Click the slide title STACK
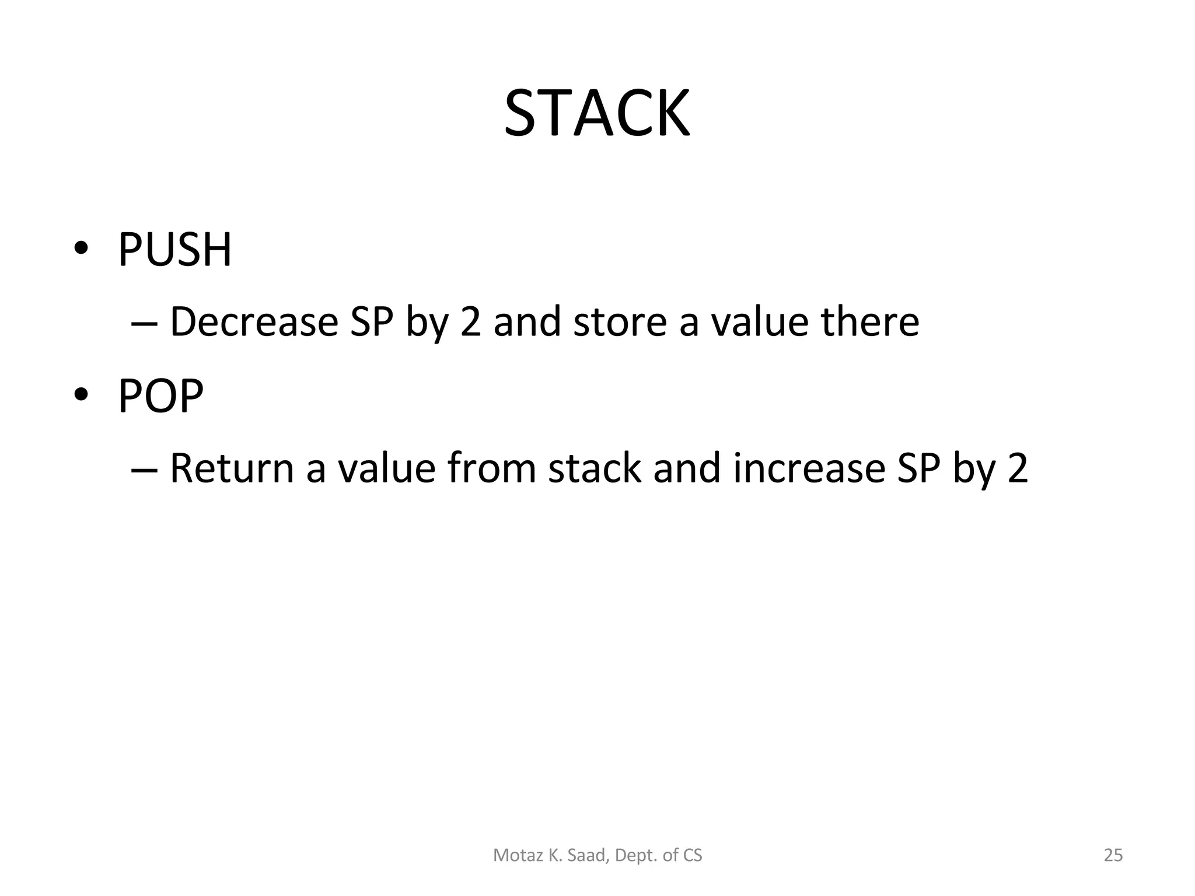597,113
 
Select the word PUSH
175,250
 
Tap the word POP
161,396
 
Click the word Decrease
254,322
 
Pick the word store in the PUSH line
620,322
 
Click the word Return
232,468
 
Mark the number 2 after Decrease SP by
470,322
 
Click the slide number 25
1113,855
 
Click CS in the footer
693,855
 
